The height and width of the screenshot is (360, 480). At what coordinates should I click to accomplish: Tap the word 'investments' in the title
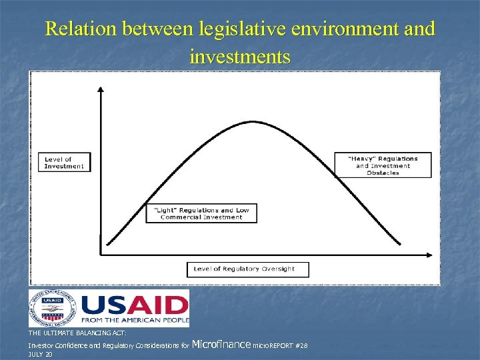pyautogui.click(x=240, y=57)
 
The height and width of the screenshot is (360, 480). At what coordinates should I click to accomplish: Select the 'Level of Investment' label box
pyautogui.click(x=65, y=163)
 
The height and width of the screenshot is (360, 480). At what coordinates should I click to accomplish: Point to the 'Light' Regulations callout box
pyautogui.click(x=201, y=213)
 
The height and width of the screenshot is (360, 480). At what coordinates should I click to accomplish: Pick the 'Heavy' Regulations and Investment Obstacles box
pyautogui.click(x=383, y=165)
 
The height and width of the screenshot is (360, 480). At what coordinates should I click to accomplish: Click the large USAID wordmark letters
pyautogui.click(x=135, y=305)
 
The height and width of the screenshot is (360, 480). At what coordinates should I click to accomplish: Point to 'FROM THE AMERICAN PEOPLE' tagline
pyautogui.click(x=135, y=321)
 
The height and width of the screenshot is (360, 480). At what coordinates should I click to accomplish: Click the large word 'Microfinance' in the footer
pyautogui.click(x=221, y=345)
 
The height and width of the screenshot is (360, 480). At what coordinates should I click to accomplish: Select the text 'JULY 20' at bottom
pyautogui.click(x=40, y=355)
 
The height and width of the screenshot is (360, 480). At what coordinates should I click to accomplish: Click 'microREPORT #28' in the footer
pyautogui.click(x=280, y=346)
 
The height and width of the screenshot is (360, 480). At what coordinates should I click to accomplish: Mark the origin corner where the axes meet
pyautogui.click(x=100, y=254)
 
